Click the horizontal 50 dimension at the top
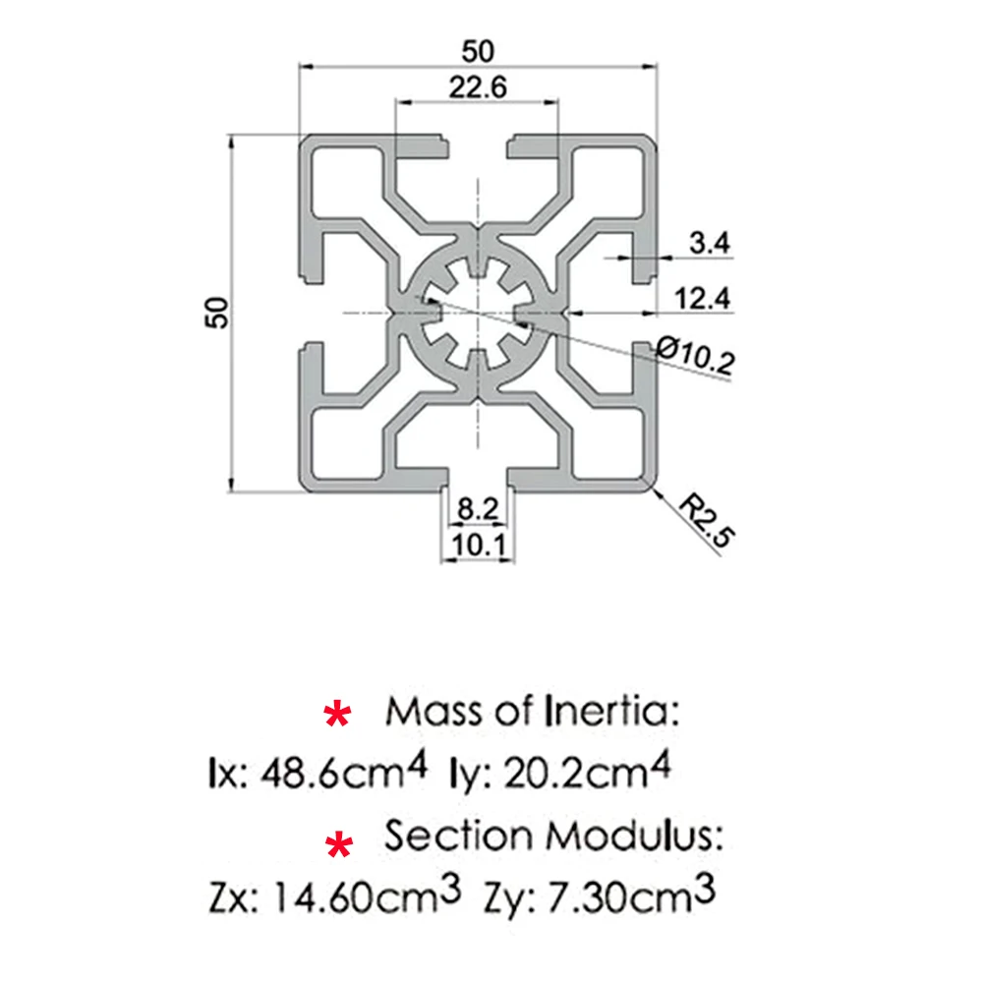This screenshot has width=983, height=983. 479,49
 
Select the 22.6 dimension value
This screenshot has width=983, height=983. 478,87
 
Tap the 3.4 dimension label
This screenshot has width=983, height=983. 709,244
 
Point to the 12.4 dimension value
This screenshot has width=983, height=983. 702,298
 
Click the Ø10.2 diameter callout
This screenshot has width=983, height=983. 697,355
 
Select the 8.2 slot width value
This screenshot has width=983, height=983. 478,509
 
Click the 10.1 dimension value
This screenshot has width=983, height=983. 478,545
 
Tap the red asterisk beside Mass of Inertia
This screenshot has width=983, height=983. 337,716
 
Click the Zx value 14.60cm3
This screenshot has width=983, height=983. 360,897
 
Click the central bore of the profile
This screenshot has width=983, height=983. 478,313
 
